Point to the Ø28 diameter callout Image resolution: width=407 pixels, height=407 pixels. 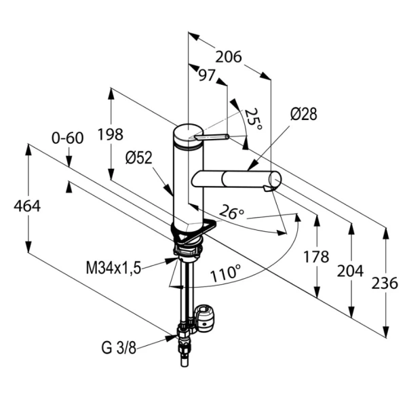pos(303,115)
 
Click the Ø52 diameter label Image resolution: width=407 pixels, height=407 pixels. pos(139,157)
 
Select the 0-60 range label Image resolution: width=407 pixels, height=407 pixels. pos(67,138)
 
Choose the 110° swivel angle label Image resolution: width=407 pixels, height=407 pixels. pos(225,275)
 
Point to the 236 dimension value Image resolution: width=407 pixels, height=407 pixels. pos(385,284)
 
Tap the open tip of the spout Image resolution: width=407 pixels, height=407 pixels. pos(273,182)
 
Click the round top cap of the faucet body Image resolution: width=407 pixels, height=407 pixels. pos(187,131)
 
